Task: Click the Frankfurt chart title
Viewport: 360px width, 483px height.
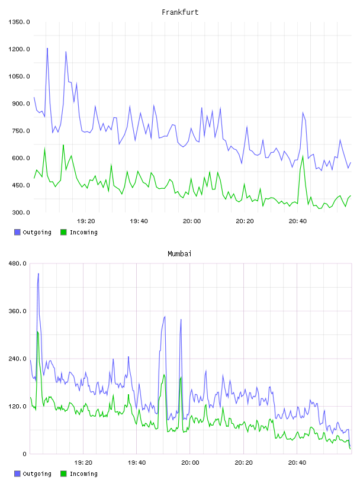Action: click(180, 12)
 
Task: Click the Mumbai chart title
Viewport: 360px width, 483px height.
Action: click(179, 254)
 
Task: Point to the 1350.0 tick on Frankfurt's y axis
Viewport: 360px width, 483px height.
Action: click(19, 22)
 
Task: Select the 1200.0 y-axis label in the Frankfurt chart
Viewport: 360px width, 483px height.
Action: click(19, 49)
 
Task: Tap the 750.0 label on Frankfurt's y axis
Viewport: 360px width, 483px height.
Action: click(21, 131)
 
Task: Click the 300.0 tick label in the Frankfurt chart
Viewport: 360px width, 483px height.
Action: click(21, 212)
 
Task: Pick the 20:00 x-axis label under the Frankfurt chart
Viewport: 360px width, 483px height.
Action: click(192, 221)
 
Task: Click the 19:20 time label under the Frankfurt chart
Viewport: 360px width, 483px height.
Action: click(86, 221)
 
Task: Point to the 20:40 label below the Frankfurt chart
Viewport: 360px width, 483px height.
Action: click(298, 221)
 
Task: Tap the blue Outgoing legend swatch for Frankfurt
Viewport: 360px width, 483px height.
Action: click(17, 232)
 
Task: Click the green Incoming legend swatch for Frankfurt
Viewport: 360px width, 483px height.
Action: click(63, 232)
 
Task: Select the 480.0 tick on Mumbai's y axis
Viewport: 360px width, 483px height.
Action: click(17, 263)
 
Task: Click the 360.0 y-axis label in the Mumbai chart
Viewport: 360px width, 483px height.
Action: click(17, 311)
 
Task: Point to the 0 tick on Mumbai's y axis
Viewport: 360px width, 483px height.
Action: click(25, 454)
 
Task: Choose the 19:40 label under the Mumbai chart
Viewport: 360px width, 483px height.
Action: click(137, 463)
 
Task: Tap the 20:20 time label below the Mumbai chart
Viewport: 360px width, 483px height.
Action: click(243, 463)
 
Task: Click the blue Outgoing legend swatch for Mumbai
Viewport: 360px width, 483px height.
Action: click(17, 474)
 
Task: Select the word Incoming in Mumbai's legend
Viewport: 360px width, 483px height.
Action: click(83, 474)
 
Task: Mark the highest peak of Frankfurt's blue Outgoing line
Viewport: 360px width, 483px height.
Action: click(47, 49)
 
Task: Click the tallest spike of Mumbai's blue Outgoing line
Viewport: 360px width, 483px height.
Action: click(38, 273)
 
